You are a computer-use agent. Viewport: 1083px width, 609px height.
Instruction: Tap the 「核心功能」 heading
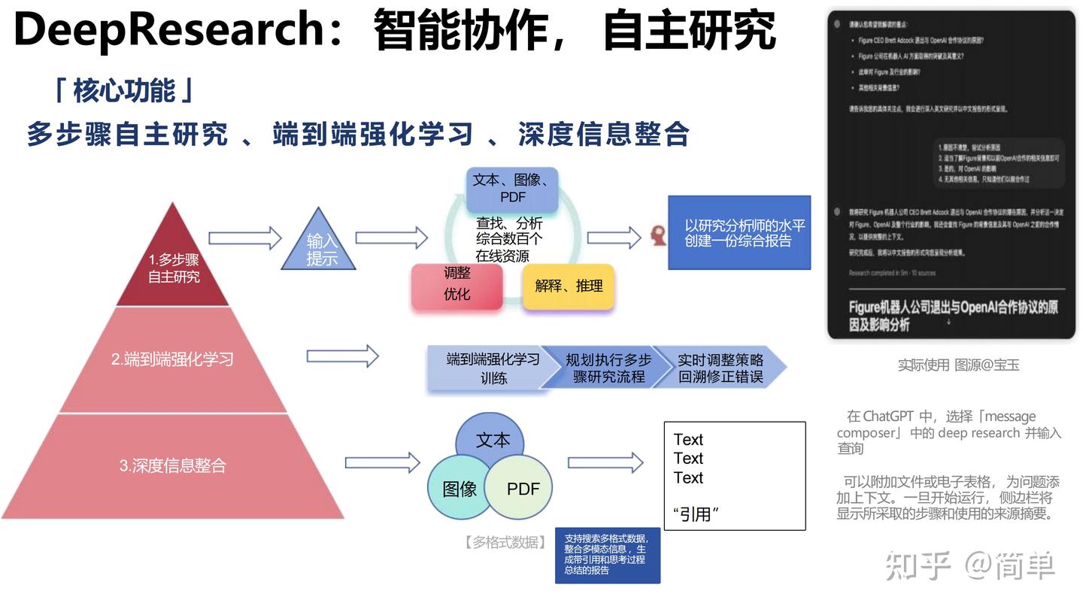click(x=123, y=91)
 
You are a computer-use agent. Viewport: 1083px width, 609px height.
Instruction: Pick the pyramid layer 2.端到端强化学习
click(x=173, y=359)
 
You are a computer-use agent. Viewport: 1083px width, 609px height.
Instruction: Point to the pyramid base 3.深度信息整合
click(x=173, y=465)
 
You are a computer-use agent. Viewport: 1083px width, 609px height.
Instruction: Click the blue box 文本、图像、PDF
click(x=512, y=189)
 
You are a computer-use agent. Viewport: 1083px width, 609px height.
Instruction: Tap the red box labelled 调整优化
click(x=457, y=285)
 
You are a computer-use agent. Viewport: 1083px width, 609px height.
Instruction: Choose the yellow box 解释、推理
click(x=569, y=286)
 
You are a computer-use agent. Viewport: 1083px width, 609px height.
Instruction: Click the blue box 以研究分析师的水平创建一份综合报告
click(x=739, y=232)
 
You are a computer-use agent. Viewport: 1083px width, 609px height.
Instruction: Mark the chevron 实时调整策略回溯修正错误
click(x=720, y=368)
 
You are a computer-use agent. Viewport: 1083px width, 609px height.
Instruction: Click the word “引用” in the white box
click(x=696, y=514)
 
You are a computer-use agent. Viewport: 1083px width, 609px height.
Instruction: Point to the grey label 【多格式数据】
click(x=505, y=541)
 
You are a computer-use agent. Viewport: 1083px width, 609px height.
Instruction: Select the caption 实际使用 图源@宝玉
click(x=958, y=365)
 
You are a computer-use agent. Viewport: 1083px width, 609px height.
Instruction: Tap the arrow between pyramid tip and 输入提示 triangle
click(x=244, y=238)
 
